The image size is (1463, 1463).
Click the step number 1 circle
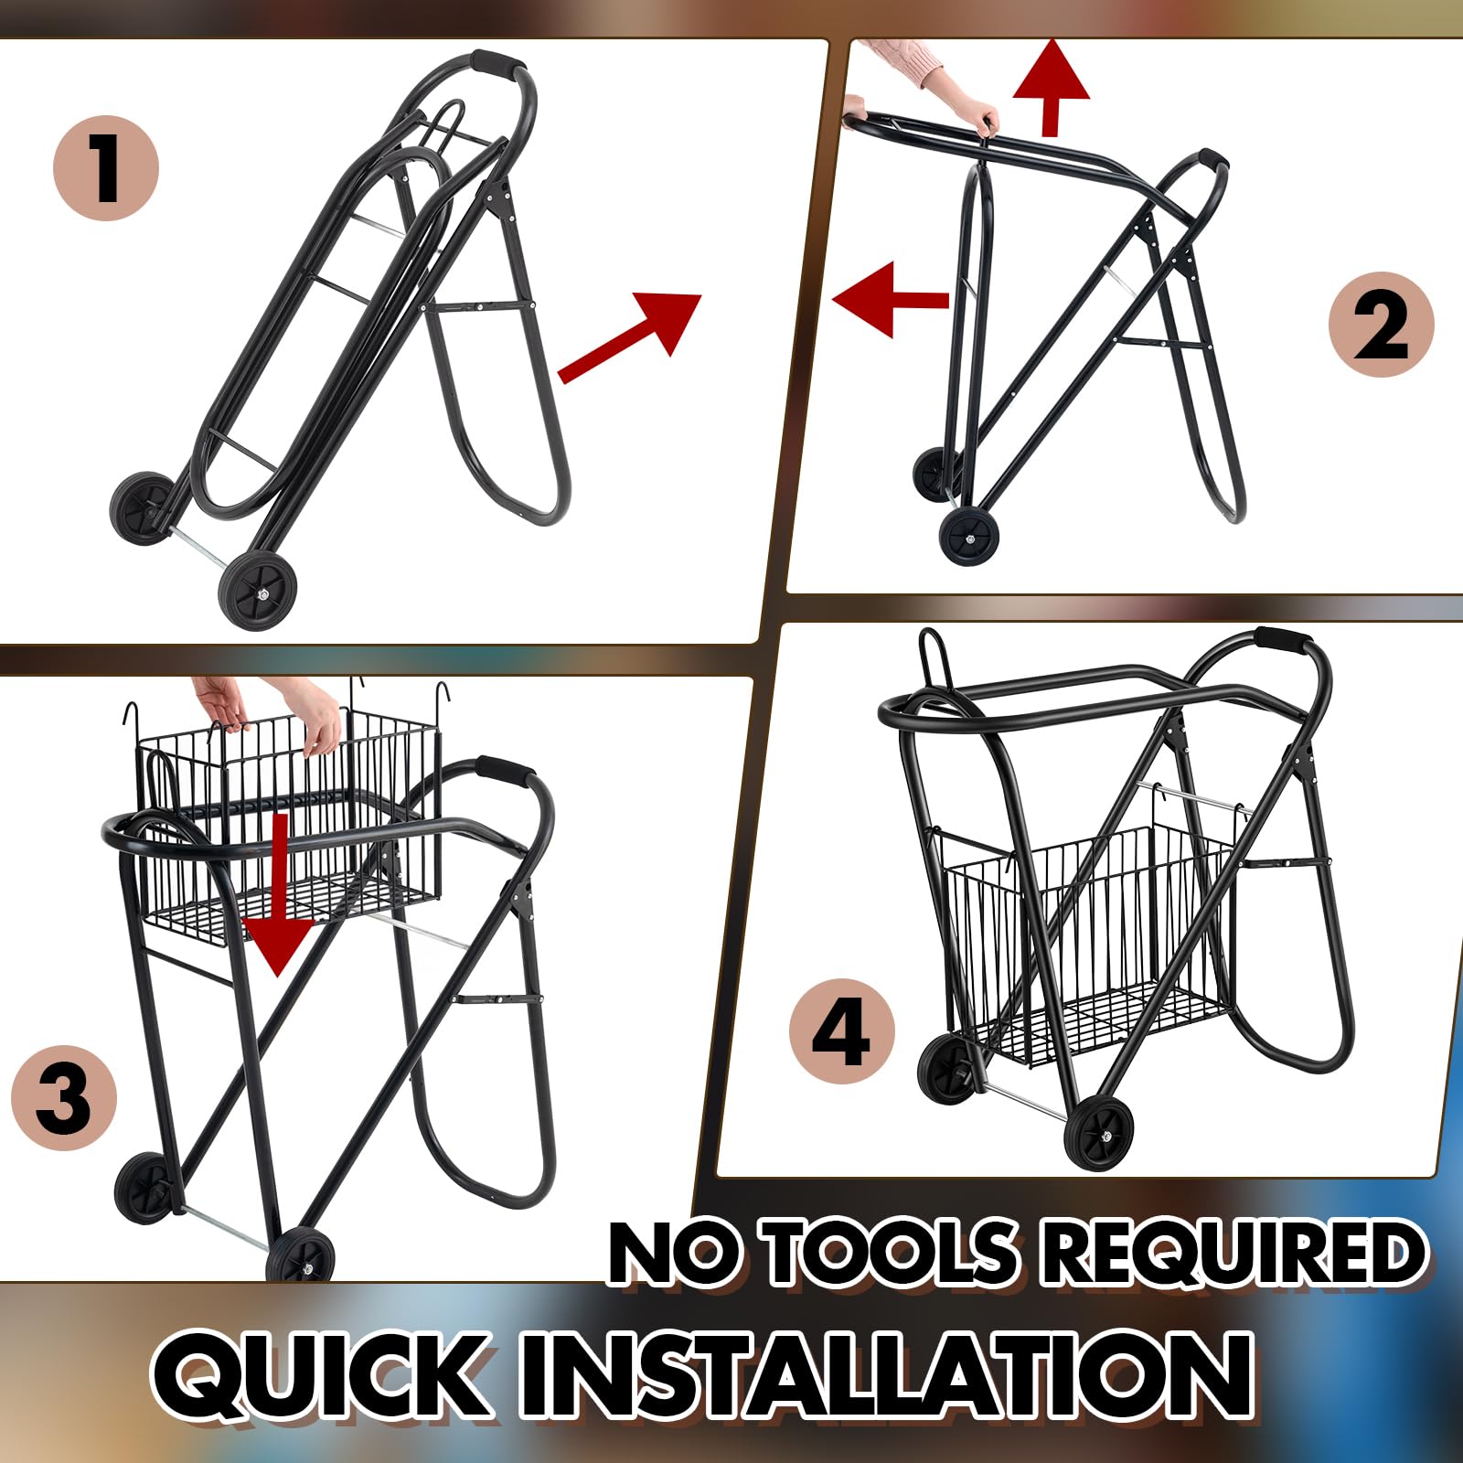106,168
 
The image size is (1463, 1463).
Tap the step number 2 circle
1381,325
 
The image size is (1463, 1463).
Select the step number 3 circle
64,1096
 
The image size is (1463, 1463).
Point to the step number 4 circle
842,1032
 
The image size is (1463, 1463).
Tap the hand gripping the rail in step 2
987,120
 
